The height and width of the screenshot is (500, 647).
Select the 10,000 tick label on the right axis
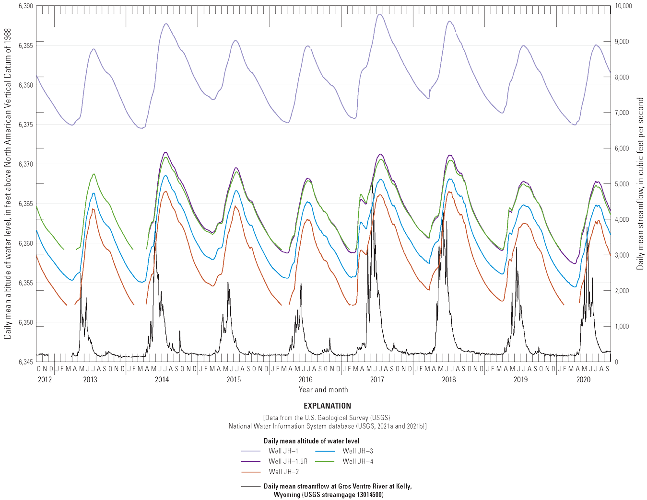coord(623,6)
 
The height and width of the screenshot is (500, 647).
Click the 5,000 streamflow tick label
coord(622,184)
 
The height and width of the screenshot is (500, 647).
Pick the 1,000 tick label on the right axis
coord(622,326)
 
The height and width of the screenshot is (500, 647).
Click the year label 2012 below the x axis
coord(45,380)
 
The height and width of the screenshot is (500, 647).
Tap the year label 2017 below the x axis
coord(377,380)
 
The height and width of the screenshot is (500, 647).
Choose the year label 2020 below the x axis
coord(583,380)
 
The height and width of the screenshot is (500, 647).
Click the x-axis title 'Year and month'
coord(323,390)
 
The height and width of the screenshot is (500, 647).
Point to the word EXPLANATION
coord(327,406)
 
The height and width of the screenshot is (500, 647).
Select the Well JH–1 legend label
coord(283,451)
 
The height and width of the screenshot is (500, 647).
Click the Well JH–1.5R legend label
coord(288,461)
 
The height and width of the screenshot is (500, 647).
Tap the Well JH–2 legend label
coord(283,472)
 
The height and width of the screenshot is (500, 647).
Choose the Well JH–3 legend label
coord(358,451)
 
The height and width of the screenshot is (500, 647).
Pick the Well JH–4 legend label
coord(358,461)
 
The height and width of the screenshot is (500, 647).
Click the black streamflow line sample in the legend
coord(251,487)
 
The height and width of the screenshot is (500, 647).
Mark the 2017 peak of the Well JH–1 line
coord(379,14)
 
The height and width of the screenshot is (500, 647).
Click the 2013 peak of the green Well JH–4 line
coord(94,174)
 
